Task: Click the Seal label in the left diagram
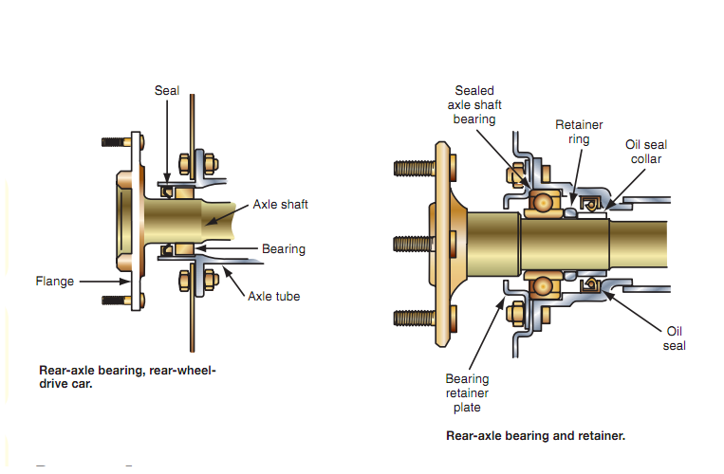(x=166, y=90)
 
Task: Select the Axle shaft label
(x=280, y=204)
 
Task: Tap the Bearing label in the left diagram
(x=284, y=249)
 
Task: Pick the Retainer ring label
(x=579, y=132)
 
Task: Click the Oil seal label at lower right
(x=674, y=338)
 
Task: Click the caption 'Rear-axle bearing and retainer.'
(x=535, y=436)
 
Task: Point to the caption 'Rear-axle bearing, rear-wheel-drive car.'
(x=127, y=376)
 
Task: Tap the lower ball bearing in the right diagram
(x=542, y=285)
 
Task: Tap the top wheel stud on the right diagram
(x=412, y=171)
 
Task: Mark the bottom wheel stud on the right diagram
(x=412, y=316)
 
